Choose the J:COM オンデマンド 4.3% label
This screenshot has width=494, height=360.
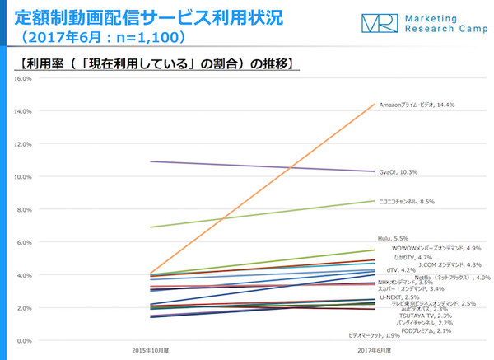coord(450,264)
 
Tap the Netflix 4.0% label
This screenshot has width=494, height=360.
coord(452,278)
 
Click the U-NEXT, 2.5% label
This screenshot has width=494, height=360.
coord(394,297)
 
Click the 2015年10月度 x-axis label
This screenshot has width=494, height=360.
coord(151,351)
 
